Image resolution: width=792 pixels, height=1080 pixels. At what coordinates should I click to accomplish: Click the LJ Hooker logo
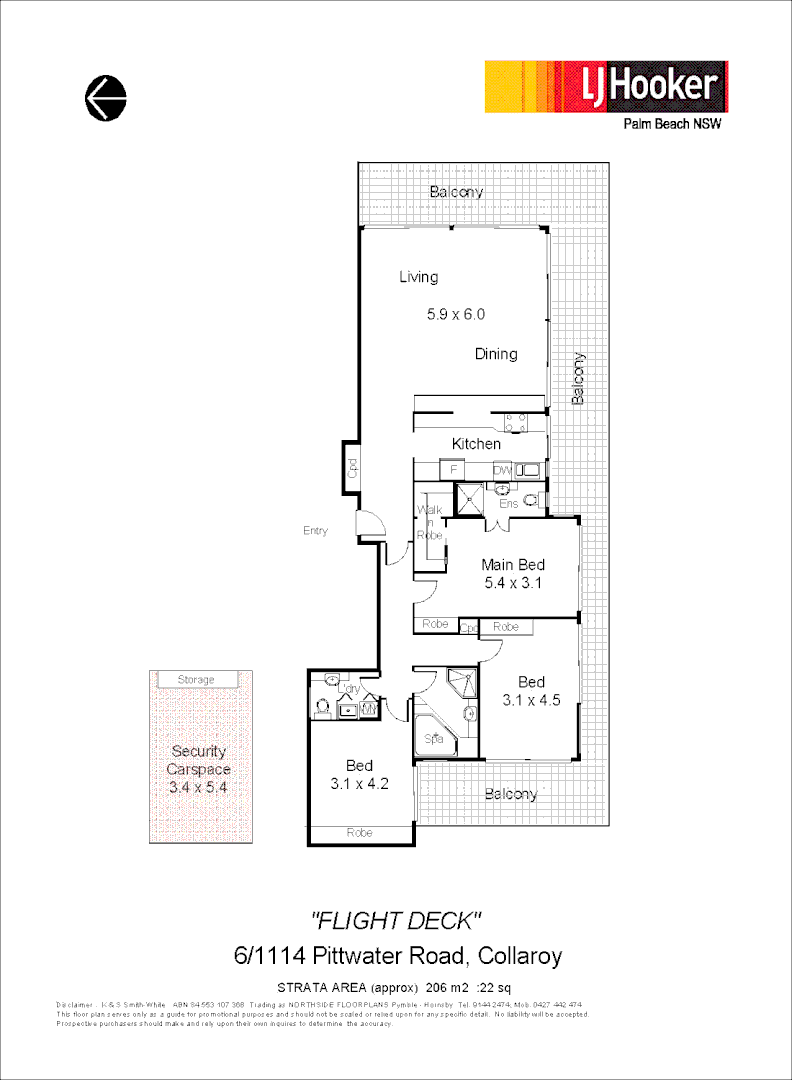(606, 86)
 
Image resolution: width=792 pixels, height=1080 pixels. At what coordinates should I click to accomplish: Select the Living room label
(418, 277)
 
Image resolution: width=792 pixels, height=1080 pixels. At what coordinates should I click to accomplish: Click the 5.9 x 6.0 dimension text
(455, 314)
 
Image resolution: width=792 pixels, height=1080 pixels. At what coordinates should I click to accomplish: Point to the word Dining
(496, 354)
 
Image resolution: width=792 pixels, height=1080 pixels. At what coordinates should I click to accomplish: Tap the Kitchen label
(476, 444)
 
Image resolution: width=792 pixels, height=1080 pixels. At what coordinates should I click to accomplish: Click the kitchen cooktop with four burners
(516, 422)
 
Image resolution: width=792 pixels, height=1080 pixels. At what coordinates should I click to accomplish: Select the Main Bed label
(512, 565)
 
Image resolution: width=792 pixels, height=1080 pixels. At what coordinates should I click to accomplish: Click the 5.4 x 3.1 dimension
(512, 583)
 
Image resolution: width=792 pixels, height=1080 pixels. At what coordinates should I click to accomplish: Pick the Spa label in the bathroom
(434, 740)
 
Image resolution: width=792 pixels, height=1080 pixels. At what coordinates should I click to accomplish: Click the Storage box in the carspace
(196, 680)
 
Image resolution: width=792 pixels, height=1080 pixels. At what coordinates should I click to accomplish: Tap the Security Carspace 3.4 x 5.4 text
(198, 769)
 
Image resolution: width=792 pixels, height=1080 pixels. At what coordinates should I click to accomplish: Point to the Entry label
(315, 531)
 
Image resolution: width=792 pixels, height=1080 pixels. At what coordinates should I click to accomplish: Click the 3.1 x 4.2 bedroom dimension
(359, 785)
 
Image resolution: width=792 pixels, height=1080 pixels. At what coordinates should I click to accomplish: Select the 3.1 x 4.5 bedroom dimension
(531, 701)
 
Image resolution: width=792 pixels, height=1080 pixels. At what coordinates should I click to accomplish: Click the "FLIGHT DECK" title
(397, 919)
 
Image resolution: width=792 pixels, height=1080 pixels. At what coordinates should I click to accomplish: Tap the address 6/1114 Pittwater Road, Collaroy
(397, 955)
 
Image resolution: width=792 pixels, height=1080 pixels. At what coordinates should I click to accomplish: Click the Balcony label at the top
(456, 192)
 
